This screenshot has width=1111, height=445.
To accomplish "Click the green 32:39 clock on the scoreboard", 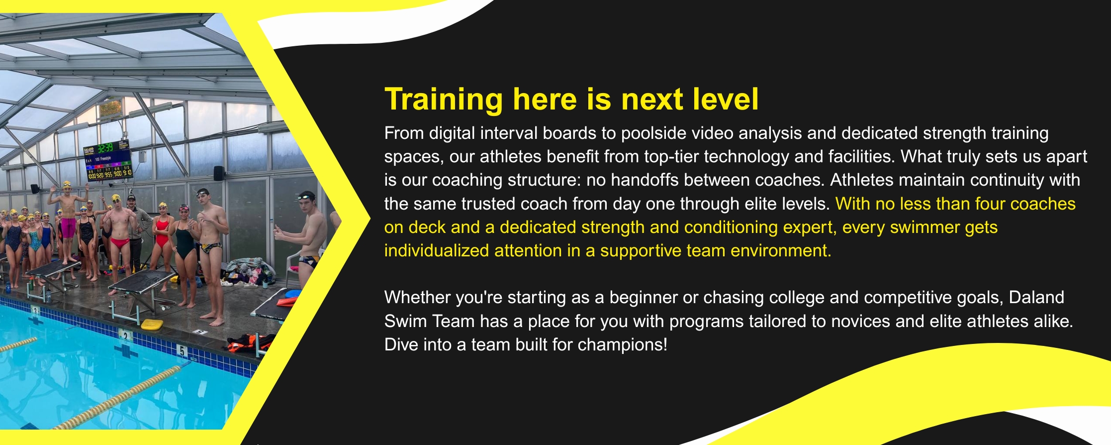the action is coord(105,148).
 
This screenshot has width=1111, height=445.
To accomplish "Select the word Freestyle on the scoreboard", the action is coord(106,159).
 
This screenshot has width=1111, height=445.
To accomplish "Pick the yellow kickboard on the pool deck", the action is coord(152,325).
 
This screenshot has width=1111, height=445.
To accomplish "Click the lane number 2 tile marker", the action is coord(125,336).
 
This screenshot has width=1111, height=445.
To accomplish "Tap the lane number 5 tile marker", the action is coord(183,351).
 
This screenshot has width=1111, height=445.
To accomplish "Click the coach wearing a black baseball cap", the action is coord(133,234).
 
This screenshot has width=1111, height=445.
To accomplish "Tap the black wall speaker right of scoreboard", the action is coord(218,173).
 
